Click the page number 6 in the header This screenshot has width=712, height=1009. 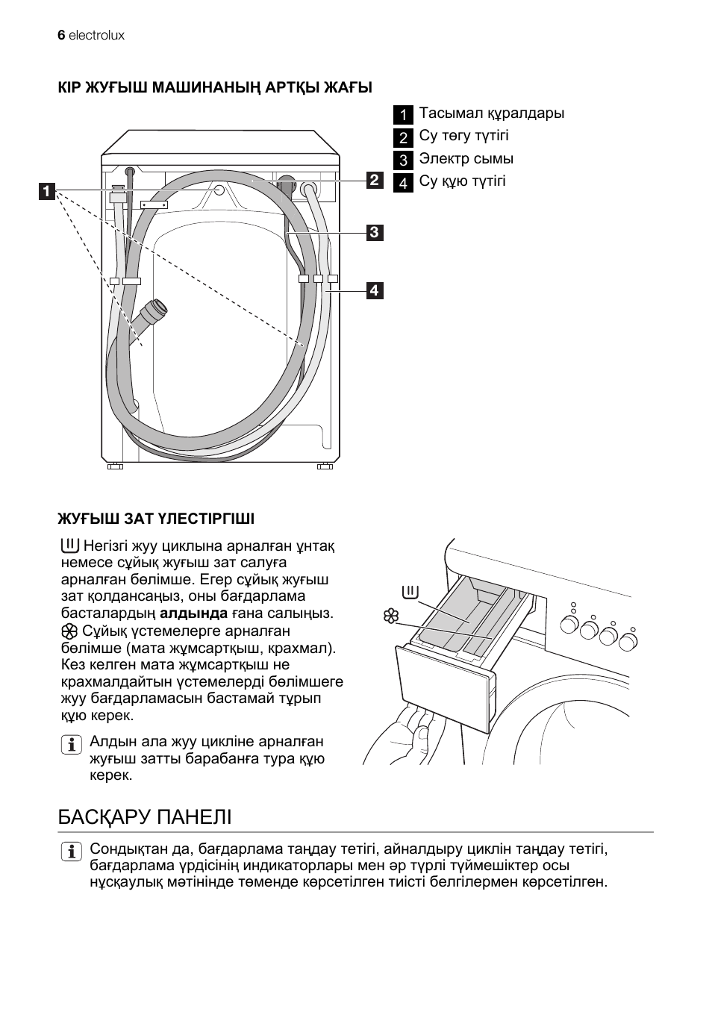[61, 35]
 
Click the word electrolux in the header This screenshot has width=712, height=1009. [96, 35]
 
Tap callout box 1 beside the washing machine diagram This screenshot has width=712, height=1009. [46, 191]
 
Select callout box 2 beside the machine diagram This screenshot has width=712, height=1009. [374, 180]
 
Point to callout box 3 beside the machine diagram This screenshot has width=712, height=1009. [374, 232]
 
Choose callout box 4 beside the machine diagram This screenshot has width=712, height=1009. [374, 290]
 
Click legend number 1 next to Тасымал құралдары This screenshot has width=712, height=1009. [403, 115]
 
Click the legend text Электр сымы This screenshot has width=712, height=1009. [466, 159]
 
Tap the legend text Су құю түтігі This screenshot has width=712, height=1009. [462, 181]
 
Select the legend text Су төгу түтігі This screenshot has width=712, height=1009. [463, 136]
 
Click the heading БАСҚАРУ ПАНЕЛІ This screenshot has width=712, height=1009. [145, 817]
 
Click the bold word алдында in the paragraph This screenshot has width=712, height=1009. [194, 613]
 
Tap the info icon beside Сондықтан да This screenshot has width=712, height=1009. [72, 851]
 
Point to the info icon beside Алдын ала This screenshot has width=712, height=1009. [72, 745]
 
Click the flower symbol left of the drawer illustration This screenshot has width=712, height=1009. [390, 616]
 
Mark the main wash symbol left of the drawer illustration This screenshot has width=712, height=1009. [410, 593]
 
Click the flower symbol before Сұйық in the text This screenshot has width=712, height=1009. [70, 631]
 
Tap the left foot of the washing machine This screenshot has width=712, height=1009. [115, 466]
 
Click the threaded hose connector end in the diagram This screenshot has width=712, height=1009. [157, 307]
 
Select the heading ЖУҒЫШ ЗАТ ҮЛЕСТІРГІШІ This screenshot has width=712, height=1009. [156, 518]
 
